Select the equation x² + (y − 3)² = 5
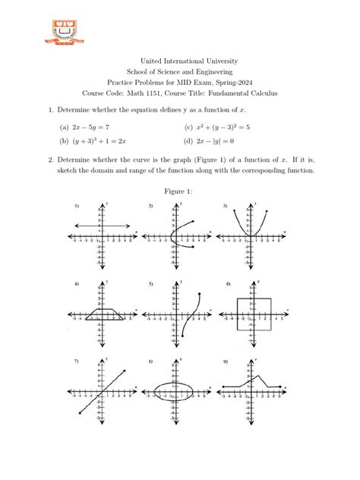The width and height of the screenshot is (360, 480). tap(222, 130)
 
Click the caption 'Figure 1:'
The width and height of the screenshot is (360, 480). tap(179, 191)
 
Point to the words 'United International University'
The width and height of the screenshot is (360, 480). tap(179, 61)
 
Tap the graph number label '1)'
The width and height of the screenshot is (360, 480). tap(77, 207)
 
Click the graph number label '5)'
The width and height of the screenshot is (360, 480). tap(151, 285)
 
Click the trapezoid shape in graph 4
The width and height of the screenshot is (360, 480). tap(100, 312)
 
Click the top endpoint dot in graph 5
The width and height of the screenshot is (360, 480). tap(199, 294)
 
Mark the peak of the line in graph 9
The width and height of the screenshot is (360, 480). tap(260, 375)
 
